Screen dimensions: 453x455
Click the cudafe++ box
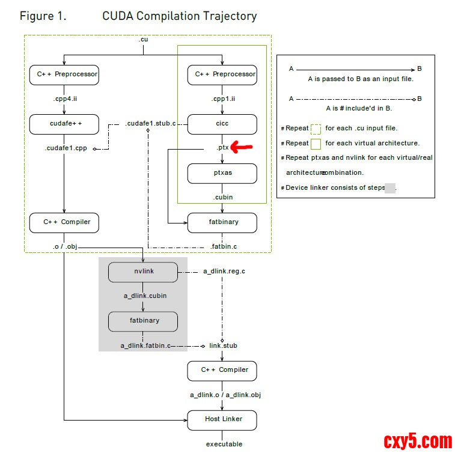tap(64, 124)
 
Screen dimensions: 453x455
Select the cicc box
tap(222, 124)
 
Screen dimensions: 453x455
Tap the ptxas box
tap(222, 174)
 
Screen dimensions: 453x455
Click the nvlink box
tap(143, 272)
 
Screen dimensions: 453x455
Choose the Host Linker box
tap(222, 419)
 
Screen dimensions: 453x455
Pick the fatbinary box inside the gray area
tap(143, 321)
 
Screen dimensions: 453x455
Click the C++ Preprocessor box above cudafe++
tap(64, 74)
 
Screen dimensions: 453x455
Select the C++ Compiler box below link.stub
tap(222, 370)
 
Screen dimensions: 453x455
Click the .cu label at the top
tap(143, 39)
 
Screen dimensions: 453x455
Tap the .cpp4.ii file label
tap(64, 99)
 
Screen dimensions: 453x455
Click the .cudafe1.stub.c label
tap(150, 124)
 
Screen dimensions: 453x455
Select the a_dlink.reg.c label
tap(224, 272)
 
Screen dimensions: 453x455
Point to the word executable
tap(224, 444)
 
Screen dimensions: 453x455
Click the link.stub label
tap(223, 345)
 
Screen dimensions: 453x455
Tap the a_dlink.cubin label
tap(145, 296)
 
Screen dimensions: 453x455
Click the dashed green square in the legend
tap(316, 128)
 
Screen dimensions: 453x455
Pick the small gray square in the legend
tap(389, 187)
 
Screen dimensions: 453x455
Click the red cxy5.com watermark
tap(418, 441)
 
